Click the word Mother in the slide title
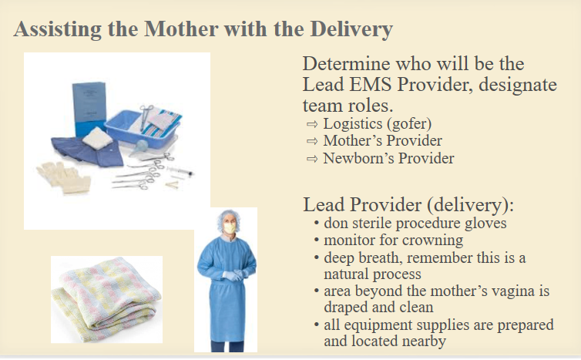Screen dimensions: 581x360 [x=181, y=29]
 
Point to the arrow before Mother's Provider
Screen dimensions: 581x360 [x=312, y=141]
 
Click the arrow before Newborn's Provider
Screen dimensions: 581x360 [x=312, y=159]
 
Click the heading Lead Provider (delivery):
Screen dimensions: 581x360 [x=408, y=205]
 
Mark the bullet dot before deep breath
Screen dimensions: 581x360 [x=316, y=257]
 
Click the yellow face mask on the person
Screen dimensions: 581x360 [x=230, y=227]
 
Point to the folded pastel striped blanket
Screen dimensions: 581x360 [x=106, y=299]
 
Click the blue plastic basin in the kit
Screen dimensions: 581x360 [x=142, y=127]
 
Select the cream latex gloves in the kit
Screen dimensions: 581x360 [x=64, y=178]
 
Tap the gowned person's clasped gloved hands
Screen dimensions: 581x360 [x=233, y=275]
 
